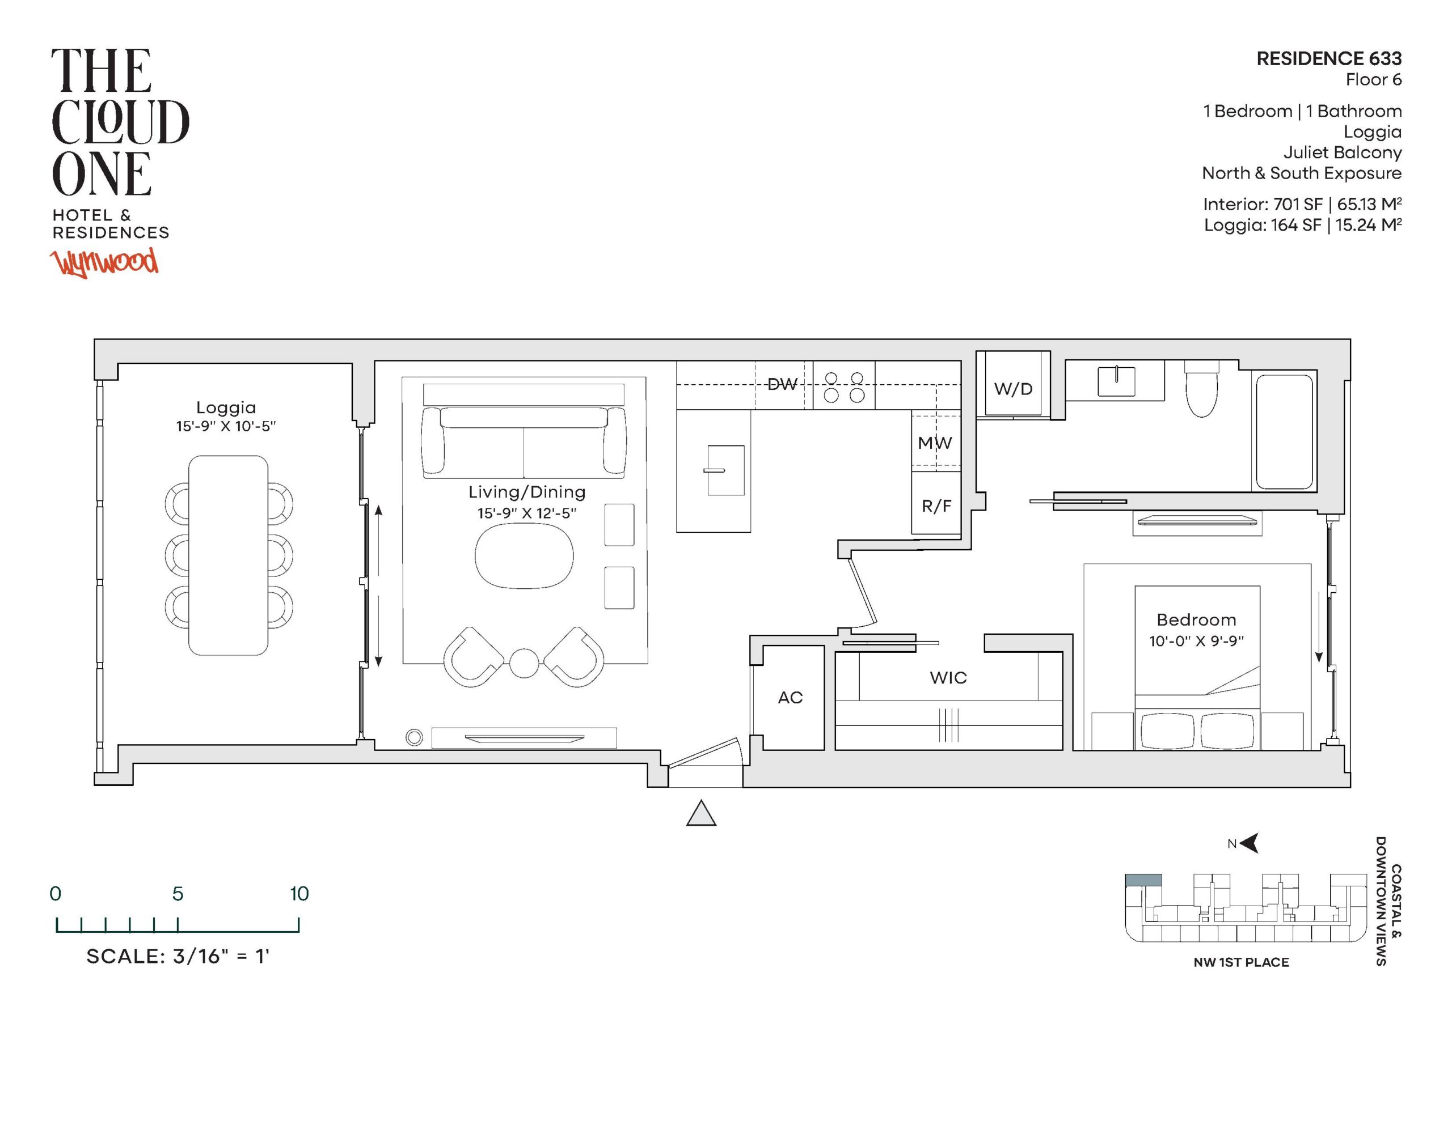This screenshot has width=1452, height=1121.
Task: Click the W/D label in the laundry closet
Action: (1013, 389)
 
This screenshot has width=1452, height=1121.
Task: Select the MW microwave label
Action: (935, 443)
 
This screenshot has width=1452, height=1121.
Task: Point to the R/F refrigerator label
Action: (936, 506)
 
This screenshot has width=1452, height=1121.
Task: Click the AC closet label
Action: (791, 697)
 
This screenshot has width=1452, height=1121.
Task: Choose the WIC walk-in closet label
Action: (948, 677)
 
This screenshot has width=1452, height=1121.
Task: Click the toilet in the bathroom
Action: (1202, 389)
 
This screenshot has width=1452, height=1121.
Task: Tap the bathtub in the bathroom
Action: (1285, 431)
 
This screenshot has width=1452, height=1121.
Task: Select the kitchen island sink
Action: (725, 470)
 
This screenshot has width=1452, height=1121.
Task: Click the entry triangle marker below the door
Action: (700, 813)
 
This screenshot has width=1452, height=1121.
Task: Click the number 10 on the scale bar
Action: (299, 894)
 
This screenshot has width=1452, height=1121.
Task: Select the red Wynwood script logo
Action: (105, 262)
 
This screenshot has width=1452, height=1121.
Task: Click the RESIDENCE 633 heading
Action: (1329, 58)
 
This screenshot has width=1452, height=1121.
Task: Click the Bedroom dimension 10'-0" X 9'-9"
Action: (1196, 640)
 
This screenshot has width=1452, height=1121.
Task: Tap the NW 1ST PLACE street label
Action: (1241, 962)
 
